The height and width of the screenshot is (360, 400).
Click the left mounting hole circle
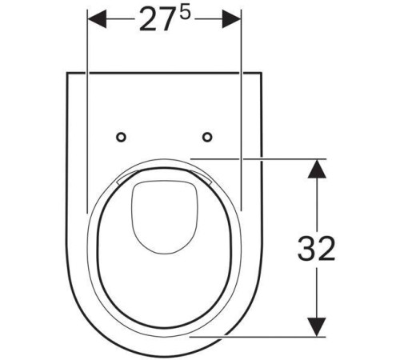(x=121, y=137)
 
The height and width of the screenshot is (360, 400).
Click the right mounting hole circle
(x=207, y=137)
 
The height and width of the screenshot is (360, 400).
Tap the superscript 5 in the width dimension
(x=185, y=14)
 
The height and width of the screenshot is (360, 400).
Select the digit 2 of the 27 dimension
(x=148, y=19)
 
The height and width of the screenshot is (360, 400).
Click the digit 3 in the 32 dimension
(x=306, y=248)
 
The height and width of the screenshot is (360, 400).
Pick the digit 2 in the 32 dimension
(x=326, y=248)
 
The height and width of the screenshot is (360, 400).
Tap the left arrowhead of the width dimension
(x=97, y=19)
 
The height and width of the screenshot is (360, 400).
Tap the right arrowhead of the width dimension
(x=231, y=19)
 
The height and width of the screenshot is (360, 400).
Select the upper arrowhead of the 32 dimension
(x=317, y=169)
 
